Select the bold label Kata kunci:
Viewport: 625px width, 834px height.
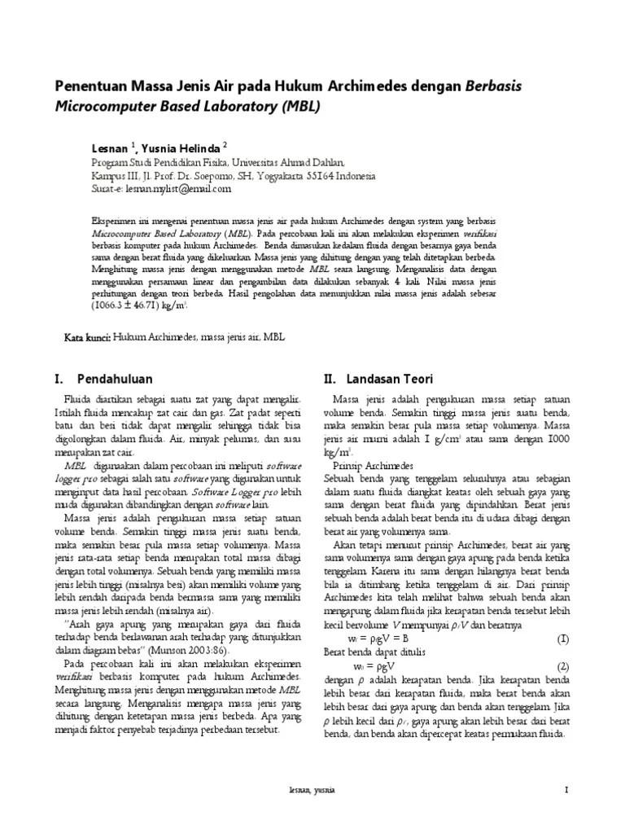click(x=89, y=336)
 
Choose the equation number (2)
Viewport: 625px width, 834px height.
click(x=563, y=665)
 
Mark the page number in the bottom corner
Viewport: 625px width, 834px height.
click(x=566, y=790)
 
